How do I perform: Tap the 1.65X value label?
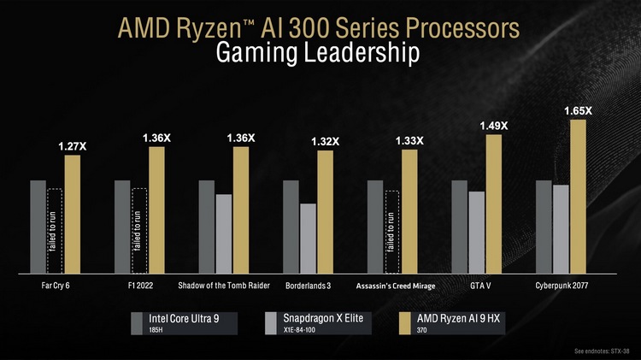click(578, 111)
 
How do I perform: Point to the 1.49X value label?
click(493, 126)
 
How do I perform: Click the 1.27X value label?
click(72, 147)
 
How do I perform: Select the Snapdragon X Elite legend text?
click(322, 318)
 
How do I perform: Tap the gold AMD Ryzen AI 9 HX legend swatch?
click(407, 322)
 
